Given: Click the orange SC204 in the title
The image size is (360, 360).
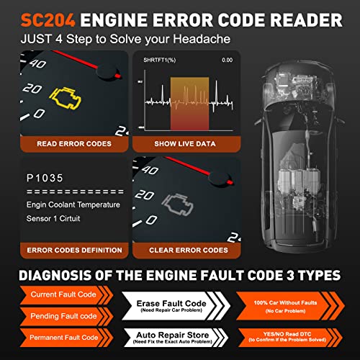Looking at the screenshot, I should point(48,16).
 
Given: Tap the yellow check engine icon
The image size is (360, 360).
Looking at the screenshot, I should point(62,95).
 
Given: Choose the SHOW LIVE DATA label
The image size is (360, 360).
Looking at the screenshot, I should point(185,143).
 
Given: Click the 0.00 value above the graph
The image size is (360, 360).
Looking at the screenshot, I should point(227,60).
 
